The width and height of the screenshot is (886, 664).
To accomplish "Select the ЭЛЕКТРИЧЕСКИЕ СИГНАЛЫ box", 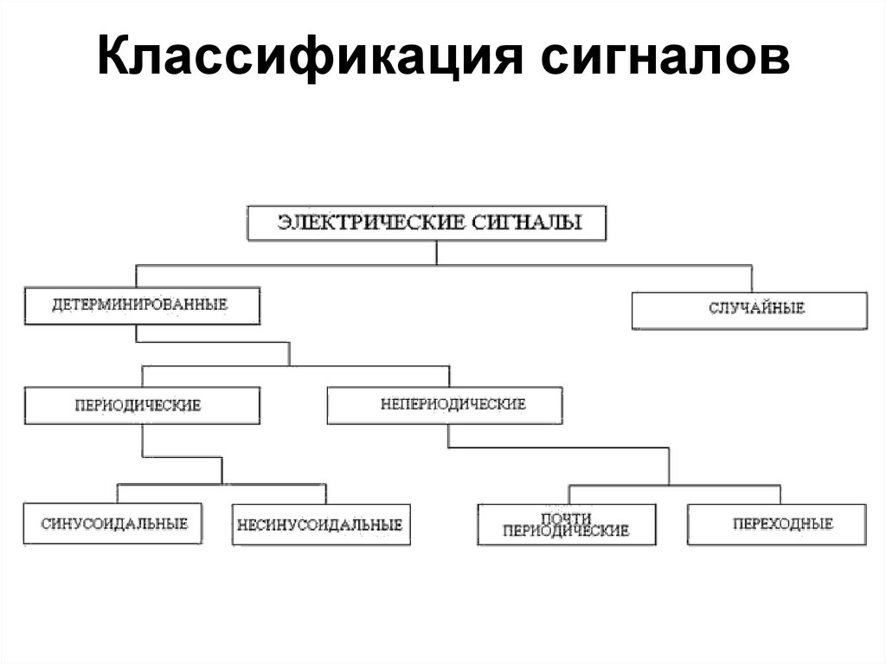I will coord(427,222).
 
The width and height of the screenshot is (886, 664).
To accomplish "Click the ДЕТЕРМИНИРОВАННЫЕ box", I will coord(142,306).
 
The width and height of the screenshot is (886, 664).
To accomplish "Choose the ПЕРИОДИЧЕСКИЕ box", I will coord(142,405).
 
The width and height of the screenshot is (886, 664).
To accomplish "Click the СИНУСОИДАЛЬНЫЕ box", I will coord(113,524).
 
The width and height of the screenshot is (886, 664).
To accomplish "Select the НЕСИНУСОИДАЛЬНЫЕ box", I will coord(321,524).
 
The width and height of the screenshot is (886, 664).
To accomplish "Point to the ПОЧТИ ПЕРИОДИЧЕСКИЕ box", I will coord(566,524).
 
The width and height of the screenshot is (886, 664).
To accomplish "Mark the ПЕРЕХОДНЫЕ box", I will coord(776,524).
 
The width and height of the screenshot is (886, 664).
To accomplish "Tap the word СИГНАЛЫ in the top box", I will coord(528,222).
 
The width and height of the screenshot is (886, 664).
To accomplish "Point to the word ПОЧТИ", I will coord(564,517).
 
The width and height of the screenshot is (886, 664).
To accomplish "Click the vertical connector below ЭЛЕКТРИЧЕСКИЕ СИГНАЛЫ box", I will coord(437,252).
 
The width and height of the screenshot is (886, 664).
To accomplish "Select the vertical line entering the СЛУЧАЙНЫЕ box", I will coord(749,279).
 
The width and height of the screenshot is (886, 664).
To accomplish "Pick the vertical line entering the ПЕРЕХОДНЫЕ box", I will coord(780,494).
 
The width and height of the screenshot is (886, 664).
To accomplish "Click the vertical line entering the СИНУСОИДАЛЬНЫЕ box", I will coord(118,493).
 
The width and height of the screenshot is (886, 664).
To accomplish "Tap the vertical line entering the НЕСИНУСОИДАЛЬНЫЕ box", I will coord(326,493).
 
